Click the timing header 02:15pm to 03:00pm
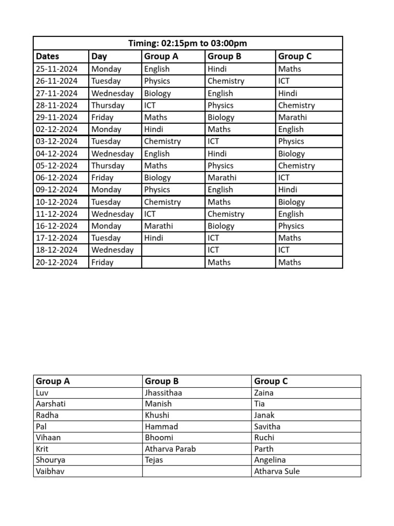coord(188,44)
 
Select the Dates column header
coord(48,57)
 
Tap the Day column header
coord(99,57)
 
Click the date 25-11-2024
coord(56,69)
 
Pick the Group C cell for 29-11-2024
coord(292,117)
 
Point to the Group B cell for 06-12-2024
coord(222,178)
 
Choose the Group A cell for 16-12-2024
coord(159,226)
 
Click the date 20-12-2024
coord(56,262)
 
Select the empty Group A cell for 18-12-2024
coord(173,250)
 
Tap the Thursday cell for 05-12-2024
coord(108,165)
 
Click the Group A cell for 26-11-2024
coord(157,81)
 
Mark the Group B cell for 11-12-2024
coord(226,214)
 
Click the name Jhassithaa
coord(164,392)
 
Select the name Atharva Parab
coord(170,449)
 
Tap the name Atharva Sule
coord(277,472)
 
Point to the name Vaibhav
coord(50,472)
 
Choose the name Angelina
coord(270,460)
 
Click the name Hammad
coord(162,426)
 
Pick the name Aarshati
coord(51,404)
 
